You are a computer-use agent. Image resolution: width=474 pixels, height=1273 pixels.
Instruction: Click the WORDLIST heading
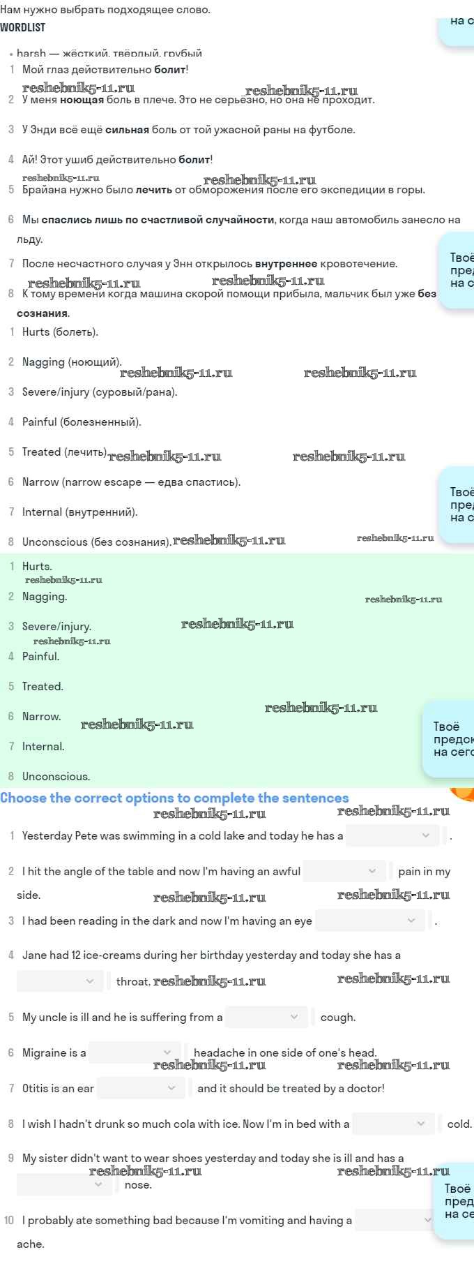(x=23, y=27)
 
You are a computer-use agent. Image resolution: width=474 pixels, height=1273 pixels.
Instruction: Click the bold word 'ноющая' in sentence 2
(x=82, y=100)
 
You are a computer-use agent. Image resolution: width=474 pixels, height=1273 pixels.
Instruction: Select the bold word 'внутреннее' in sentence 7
(x=286, y=264)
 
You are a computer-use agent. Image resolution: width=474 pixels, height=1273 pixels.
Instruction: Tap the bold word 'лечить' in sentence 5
(x=153, y=190)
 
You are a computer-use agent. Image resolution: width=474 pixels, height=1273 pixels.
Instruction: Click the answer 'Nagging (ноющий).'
(x=72, y=362)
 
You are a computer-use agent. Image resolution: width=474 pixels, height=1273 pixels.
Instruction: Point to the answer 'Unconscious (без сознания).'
(x=96, y=542)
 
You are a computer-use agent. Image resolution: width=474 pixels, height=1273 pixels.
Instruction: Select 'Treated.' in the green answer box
(x=43, y=687)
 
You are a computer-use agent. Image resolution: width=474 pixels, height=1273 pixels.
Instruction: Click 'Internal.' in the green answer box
(x=43, y=747)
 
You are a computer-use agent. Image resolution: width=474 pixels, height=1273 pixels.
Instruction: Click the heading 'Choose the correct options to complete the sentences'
(x=174, y=798)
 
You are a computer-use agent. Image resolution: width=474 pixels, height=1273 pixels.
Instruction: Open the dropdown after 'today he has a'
(x=392, y=835)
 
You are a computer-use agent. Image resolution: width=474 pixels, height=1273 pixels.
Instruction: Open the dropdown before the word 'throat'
(x=60, y=981)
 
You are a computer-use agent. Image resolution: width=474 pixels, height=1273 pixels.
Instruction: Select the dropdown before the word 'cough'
(x=266, y=1017)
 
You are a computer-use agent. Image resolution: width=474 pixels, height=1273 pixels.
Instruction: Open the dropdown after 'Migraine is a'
(x=135, y=1052)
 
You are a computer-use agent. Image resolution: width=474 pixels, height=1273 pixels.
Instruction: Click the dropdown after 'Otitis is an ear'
(x=141, y=1088)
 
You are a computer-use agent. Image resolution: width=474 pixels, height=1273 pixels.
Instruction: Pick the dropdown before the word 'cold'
(x=394, y=1124)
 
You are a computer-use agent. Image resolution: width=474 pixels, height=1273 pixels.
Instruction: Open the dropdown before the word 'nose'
(x=64, y=1184)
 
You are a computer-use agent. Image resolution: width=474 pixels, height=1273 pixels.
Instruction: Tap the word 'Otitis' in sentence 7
(x=36, y=1088)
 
